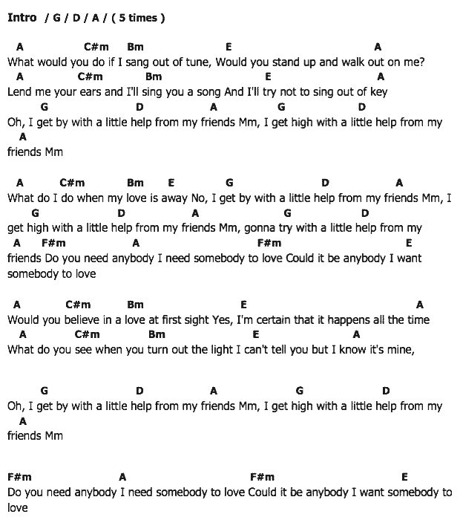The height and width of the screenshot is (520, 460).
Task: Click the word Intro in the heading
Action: tap(22, 18)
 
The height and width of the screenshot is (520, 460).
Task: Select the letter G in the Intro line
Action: tap(56, 18)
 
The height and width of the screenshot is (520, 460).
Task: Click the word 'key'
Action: tap(378, 93)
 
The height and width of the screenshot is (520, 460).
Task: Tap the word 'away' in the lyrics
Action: tap(172, 198)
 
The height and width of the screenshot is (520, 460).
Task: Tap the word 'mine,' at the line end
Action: tap(399, 350)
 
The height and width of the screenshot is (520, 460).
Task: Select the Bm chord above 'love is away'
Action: tap(135, 183)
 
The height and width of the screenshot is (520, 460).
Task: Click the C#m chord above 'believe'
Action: tap(78, 305)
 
